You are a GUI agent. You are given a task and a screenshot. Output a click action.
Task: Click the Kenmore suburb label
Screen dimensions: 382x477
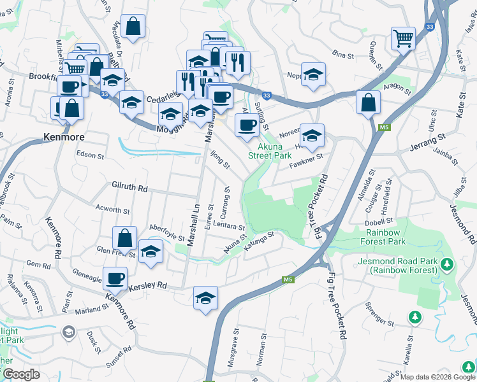click(64, 136)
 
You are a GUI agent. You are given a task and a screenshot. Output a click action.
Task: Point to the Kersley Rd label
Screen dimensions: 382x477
click(147, 286)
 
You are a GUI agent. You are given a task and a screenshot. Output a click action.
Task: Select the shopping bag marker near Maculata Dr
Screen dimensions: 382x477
click(133, 26)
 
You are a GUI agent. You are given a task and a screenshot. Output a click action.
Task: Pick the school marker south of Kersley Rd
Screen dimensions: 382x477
click(205, 297)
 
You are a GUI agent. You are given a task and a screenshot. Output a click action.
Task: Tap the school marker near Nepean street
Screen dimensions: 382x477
click(313, 74)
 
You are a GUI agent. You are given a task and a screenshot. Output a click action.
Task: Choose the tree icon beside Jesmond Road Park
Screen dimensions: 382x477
click(447, 263)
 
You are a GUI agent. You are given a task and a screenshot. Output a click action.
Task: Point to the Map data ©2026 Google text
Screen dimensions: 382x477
click(437, 377)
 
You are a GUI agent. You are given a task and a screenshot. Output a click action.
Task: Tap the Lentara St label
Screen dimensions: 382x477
click(229, 227)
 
